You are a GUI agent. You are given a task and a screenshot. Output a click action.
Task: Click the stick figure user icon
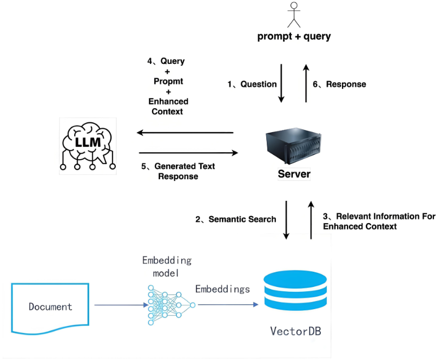point(294,15)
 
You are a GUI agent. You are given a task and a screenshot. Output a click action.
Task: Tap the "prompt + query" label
point(294,37)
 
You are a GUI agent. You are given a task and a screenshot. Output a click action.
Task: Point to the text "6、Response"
point(340,84)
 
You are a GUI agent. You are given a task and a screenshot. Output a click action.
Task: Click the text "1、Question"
point(252,84)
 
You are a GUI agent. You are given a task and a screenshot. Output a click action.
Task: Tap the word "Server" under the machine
point(294,174)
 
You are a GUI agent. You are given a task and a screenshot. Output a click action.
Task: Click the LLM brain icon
point(88,145)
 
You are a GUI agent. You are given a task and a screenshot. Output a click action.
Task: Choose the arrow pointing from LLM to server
point(188,153)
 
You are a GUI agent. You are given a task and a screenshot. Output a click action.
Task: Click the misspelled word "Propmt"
point(168,81)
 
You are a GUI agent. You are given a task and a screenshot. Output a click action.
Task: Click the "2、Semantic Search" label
point(236,219)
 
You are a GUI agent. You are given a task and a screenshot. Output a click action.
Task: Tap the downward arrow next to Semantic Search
point(286,219)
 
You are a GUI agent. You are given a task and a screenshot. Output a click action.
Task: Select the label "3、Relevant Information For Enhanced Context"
point(379,221)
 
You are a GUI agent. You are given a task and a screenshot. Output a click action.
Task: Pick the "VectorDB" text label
point(295,331)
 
